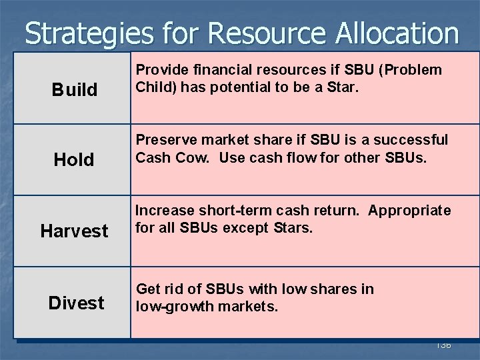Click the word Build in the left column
click(74, 89)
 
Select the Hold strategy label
click(74, 159)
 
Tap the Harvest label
click(74, 231)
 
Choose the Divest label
click(76, 303)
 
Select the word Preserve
click(163, 141)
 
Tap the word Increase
click(161, 211)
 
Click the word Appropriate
click(409, 211)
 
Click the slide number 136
click(443, 345)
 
